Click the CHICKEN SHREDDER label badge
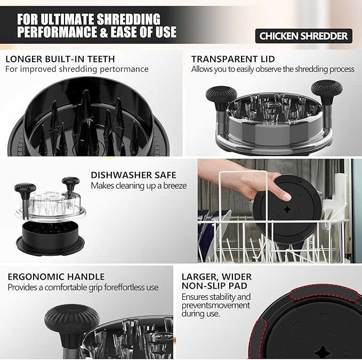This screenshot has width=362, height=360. coord(303,36)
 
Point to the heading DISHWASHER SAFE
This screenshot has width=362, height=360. coord(133,175)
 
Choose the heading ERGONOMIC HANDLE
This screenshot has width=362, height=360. coord(56,277)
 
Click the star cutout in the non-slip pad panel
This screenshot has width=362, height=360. coord(322,351)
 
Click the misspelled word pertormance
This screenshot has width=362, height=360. coord(124,69)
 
